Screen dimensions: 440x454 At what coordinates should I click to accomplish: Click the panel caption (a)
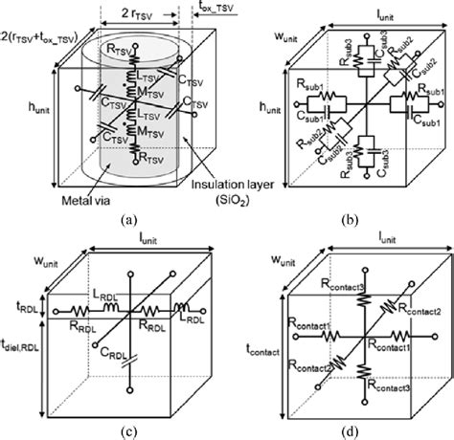pyautogui.click(x=130, y=218)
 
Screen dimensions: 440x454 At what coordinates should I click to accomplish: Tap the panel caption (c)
pyautogui.click(x=130, y=430)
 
